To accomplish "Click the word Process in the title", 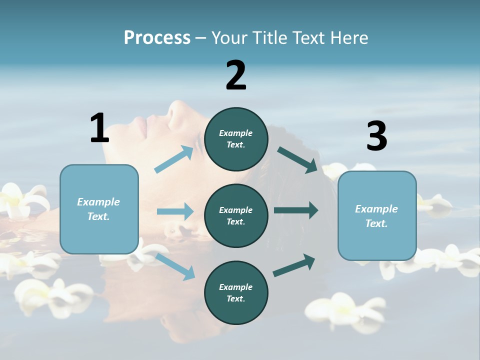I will tap(157, 37).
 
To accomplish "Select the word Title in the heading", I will tap(270, 37).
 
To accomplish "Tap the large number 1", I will tap(99, 128).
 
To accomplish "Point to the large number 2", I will tap(236, 75).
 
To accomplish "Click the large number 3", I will tap(376, 136).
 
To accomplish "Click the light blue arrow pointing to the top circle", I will tap(174, 159).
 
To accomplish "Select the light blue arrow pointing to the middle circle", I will tap(175, 211).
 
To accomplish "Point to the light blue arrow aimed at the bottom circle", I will tap(175, 266).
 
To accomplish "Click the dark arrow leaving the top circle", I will tap(297, 160).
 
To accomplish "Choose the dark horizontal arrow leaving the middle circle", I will tap(296, 210).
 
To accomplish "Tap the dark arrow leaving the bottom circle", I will tap(294, 265).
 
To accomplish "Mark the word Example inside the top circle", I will tap(235, 133).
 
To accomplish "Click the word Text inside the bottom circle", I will tap(235, 298).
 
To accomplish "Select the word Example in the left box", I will tap(98, 202).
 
